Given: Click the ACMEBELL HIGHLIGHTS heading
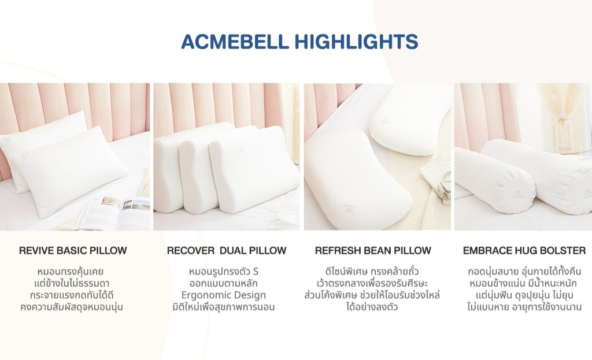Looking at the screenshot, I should (x=299, y=42).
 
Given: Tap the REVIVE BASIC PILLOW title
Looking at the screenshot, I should (x=73, y=251).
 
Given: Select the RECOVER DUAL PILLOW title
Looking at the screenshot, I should (x=227, y=251).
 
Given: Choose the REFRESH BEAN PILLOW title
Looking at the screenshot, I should (x=373, y=251).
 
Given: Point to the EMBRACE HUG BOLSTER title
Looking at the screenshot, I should (x=524, y=251).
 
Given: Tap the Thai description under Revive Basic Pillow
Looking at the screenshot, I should (x=73, y=289).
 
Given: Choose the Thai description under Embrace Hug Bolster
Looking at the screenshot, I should (x=524, y=289).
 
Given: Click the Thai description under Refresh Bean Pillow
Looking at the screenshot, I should (x=373, y=289).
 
